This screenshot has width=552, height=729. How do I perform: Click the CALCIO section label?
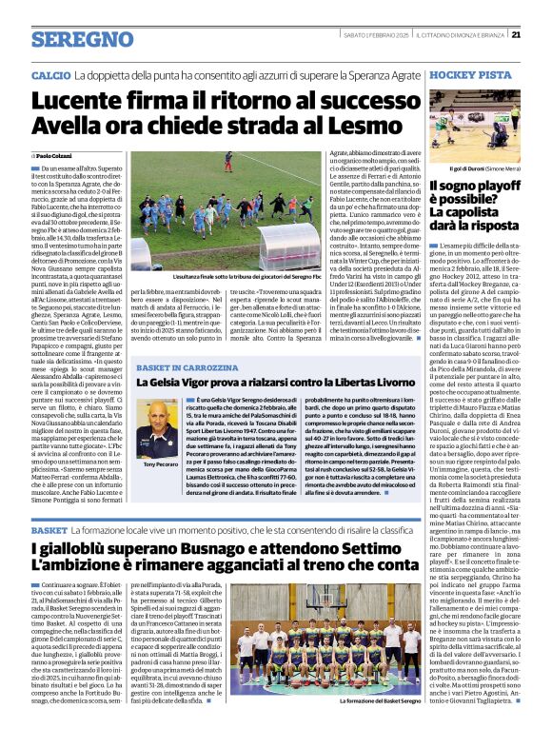[x=50, y=73]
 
